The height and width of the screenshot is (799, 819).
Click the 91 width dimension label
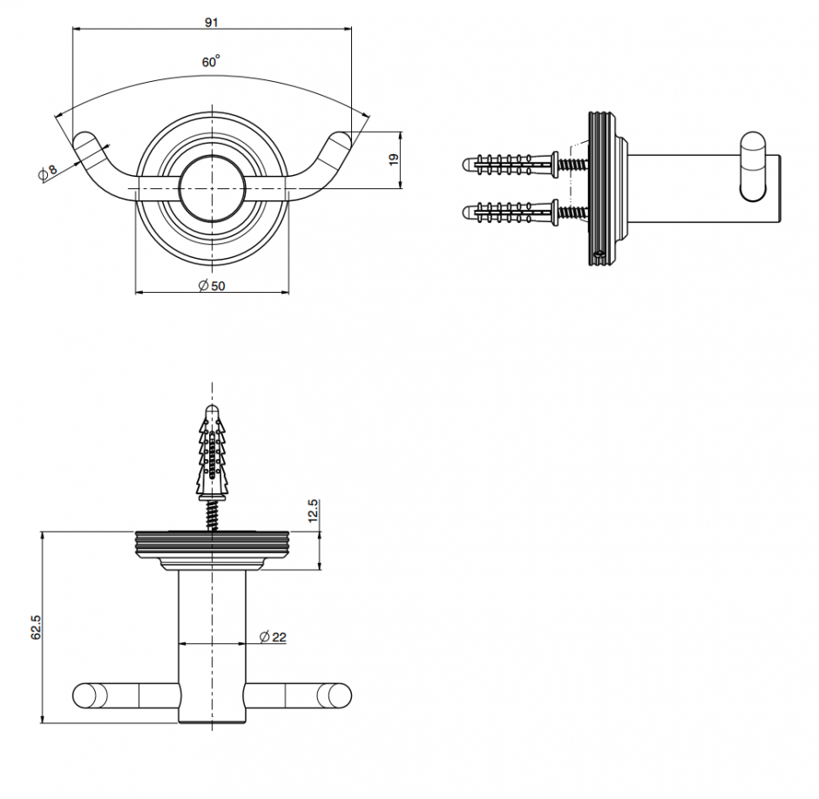point(212,23)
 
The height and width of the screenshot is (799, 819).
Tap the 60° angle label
point(211,62)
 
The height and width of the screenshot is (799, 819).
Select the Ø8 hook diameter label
point(48,172)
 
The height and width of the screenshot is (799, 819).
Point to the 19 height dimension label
point(394,159)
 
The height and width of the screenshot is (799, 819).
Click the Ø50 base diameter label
point(212,286)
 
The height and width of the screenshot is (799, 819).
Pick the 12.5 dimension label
point(313,511)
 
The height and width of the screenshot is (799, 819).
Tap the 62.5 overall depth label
point(36,626)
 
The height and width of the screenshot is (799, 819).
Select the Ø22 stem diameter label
point(273,637)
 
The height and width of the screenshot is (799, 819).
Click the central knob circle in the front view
point(212,188)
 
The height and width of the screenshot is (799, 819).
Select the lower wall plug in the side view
point(511,212)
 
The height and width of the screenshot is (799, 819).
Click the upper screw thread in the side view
point(573,165)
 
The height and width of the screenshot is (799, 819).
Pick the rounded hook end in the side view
point(753,167)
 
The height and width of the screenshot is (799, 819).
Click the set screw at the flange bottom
point(599,255)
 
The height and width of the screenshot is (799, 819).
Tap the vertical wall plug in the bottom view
point(212,452)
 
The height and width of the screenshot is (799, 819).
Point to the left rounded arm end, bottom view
point(90,695)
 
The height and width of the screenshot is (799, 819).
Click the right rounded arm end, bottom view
point(335,695)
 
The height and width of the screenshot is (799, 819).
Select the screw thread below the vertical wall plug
point(212,516)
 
